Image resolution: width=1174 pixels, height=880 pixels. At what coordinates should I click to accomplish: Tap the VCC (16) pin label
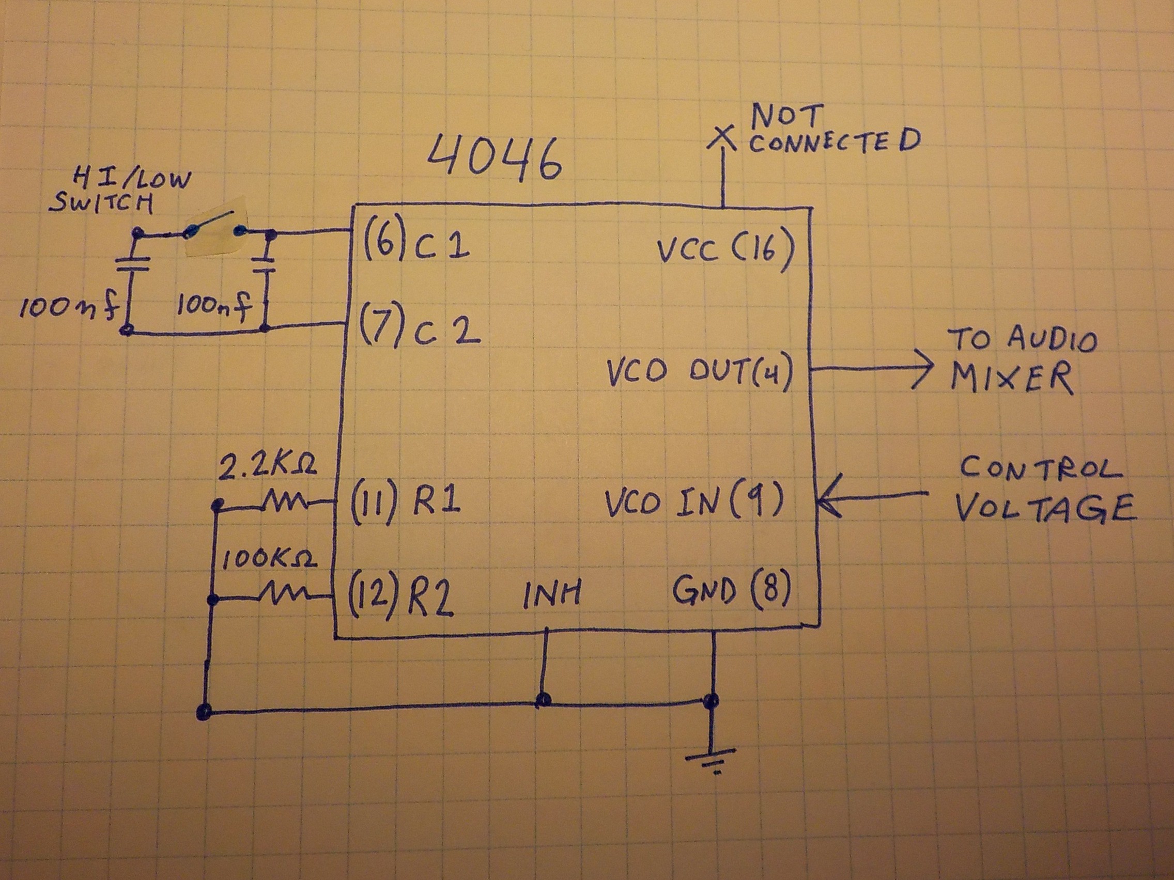725,250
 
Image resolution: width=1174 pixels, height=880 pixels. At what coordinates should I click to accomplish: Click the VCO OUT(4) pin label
700,373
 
